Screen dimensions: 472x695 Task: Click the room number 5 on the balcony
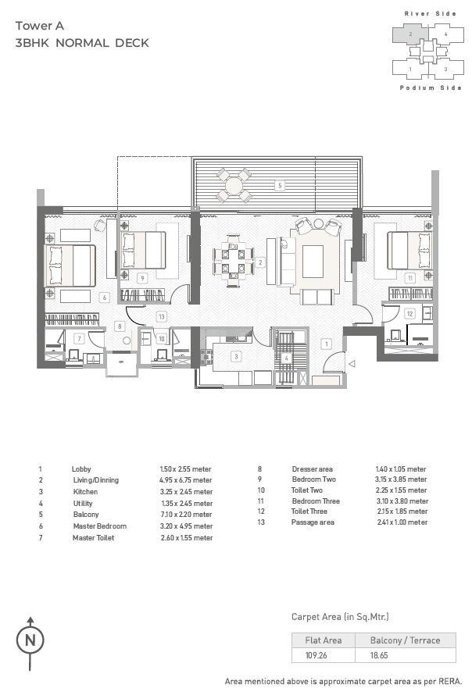(x=280, y=185)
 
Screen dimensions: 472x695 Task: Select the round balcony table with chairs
(x=234, y=185)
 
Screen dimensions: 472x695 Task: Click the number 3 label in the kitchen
(x=236, y=356)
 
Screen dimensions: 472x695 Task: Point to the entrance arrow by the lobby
(x=352, y=364)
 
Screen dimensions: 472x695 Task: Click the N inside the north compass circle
(x=30, y=640)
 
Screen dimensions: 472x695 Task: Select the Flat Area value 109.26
(x=316, y=655)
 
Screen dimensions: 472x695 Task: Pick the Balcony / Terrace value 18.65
(x=379, y=655)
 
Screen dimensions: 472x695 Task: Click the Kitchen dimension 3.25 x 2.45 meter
(x=186, y=491)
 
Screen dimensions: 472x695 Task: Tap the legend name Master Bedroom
(x=100, y=526)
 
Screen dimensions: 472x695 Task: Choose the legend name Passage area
(x=313, y=522)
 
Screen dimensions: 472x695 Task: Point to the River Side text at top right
(x=430, y=14)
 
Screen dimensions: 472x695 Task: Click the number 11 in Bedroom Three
(x=410, y=278)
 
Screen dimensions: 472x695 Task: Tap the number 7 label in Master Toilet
(x=79, y=339)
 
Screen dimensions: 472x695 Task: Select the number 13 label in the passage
(x=162, y=316)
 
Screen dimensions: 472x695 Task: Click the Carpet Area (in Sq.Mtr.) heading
(x=340, y=617)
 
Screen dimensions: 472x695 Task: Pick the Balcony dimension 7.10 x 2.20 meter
(x=186, y=515)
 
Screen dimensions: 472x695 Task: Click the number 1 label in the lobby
(x=327, y=344)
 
